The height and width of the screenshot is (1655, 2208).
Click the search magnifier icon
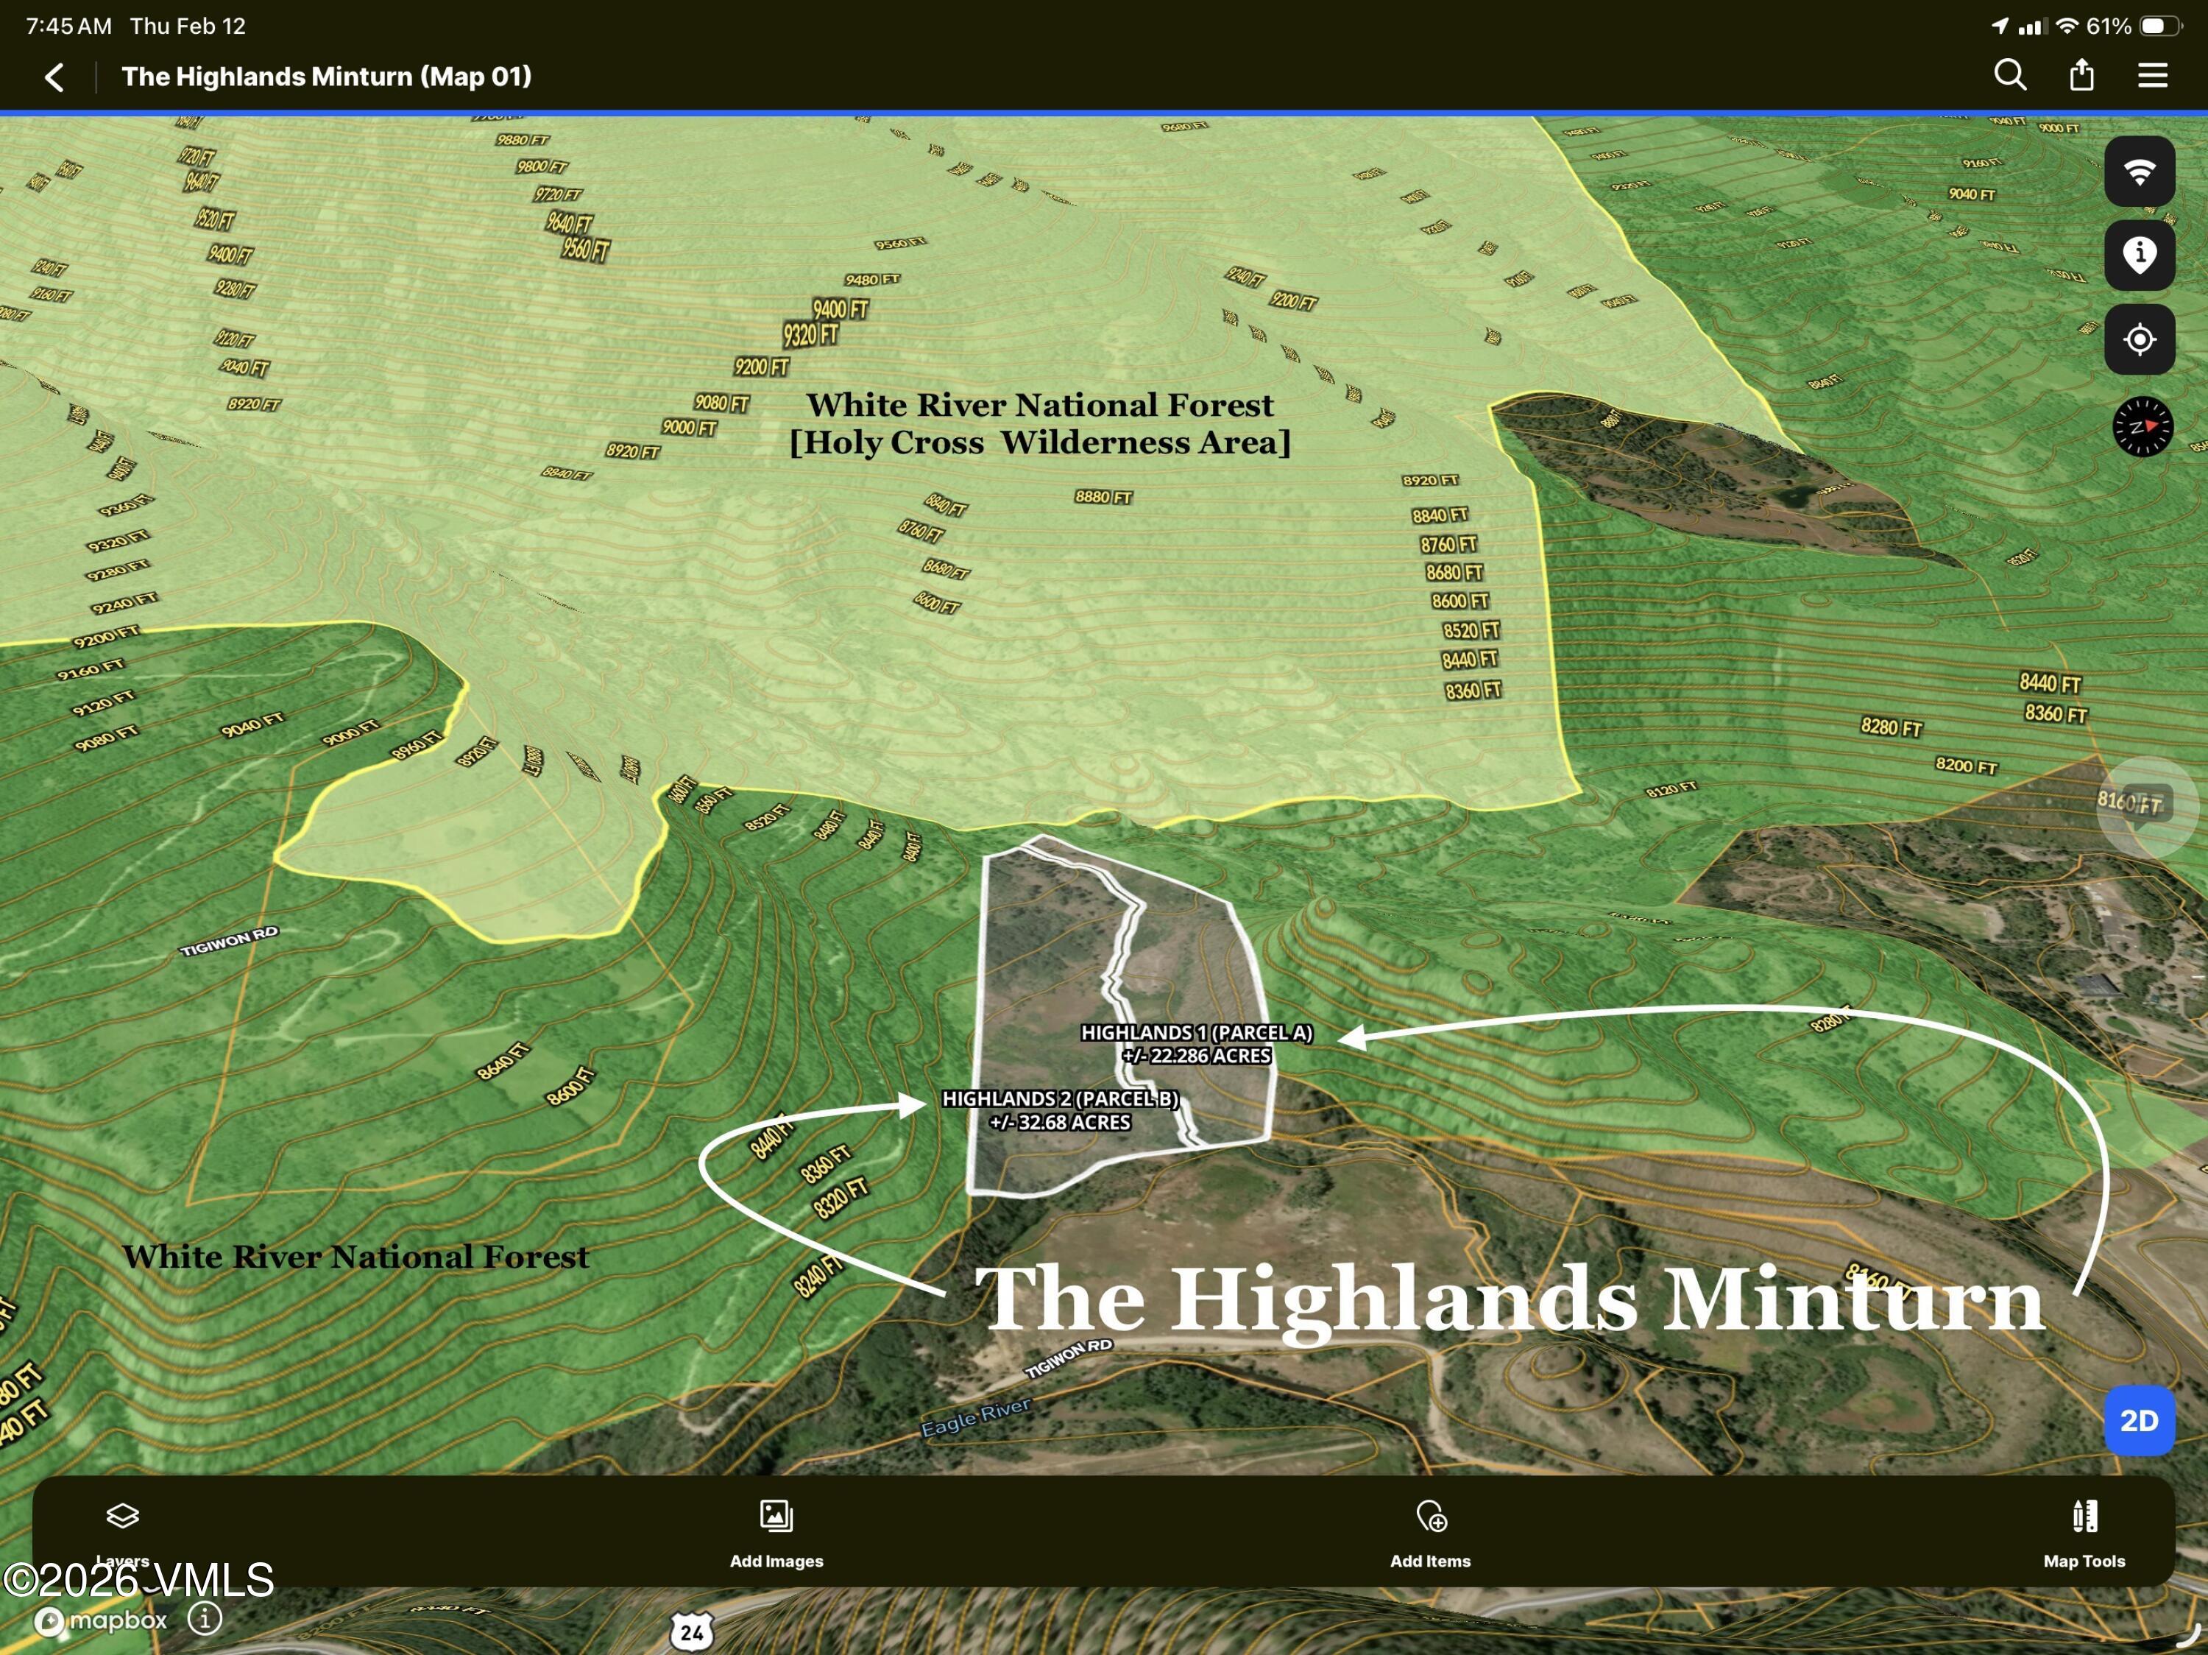click(x=2009, y=75)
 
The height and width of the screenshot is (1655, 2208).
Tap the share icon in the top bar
click(x=2081, y=75)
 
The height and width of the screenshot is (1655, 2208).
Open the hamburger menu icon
click(x=2152, y=76)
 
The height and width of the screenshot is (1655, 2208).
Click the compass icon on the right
click(x=2142, y=426)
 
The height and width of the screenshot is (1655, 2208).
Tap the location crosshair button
click(x=2139, y=339)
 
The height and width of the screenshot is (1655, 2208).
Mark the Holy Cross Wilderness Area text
click(x=1039, y=442)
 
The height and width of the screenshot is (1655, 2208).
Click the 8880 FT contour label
click(x=1103, y=496)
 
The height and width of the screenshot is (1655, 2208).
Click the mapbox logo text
click(x=117, y=1619)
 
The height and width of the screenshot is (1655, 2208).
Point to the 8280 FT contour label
click(x=1891, y=727)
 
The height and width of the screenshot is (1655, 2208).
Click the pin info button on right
click(x=2139, y=255)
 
